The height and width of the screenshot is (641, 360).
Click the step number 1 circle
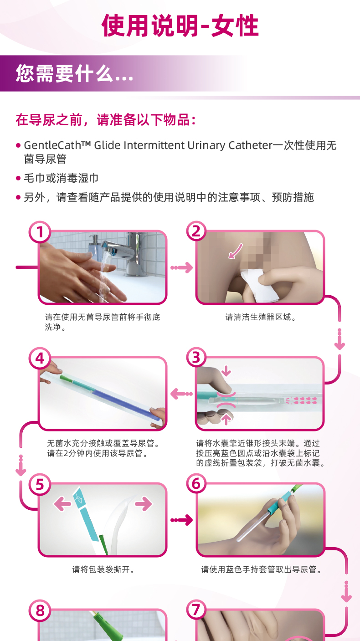40,232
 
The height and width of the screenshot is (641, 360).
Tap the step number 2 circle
196,231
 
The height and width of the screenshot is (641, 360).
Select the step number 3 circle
196,358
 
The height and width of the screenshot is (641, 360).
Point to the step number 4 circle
40,358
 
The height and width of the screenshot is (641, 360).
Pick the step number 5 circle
40,484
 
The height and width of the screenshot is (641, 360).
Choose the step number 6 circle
196,484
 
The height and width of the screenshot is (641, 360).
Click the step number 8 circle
40,610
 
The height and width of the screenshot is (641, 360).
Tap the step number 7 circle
196,610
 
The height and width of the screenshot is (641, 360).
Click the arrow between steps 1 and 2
182,267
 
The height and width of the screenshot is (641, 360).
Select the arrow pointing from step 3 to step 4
182,394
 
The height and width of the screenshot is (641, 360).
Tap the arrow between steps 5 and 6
182,520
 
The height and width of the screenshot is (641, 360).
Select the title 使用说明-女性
180,26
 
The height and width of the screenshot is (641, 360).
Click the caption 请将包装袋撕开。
103,569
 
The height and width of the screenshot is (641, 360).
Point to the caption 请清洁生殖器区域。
261,317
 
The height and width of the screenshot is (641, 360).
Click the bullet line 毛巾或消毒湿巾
61,178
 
